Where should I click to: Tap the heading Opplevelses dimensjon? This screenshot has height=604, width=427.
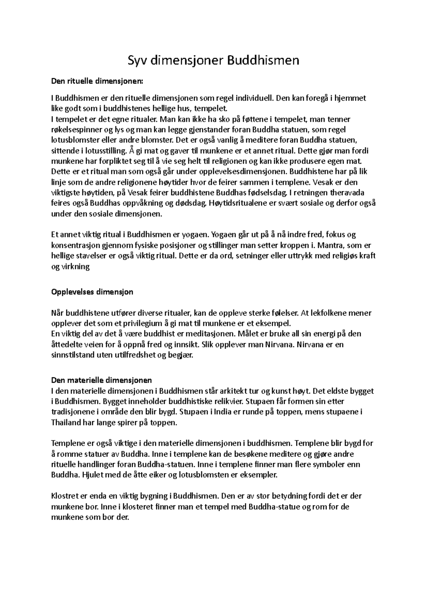point(92,292)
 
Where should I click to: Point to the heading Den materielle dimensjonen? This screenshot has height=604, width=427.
point(102,380)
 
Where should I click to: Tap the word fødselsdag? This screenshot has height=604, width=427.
point(267,193)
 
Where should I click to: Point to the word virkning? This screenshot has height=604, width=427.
point(75,266)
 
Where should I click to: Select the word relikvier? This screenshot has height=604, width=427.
point(225,402)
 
